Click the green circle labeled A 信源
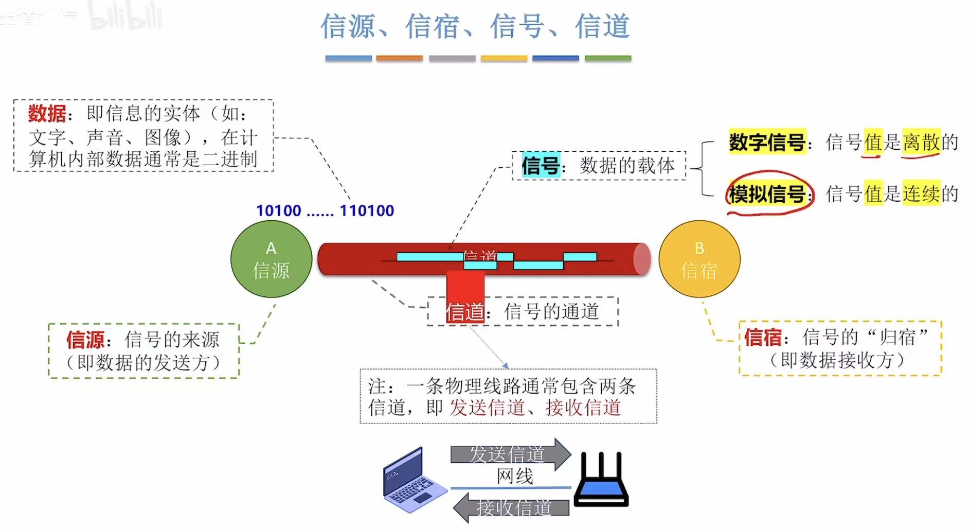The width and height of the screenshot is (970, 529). tap(271, 259)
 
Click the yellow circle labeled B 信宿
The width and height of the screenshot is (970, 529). tap(699, 259)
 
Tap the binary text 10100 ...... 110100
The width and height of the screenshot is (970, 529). tap(325, 210)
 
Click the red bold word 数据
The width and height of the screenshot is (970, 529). tap(47, 113)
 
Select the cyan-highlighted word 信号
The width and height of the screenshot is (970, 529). tap(540, 166)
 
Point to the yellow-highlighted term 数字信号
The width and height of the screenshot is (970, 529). tap(767, 142)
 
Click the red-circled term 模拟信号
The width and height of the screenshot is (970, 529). tap(767, 194)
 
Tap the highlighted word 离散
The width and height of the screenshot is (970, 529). tap(921, 142)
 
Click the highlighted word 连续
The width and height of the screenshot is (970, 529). tap(921, 194)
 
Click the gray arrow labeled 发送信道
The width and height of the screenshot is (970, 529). tap(509, 454)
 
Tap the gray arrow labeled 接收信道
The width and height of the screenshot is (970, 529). tap(512, 507)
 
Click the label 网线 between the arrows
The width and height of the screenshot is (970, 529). tap(515, 476)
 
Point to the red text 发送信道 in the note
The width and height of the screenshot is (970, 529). tap(487, 408)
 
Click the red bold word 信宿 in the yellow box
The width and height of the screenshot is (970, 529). tap(763, 338)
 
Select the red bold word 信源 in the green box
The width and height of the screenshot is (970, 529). tap(85, 340)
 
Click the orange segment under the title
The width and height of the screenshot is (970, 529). tap(399, 59)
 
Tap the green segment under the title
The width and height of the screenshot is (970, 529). tap(608, 59)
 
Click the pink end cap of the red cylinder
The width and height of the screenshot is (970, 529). tap(642, 259)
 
